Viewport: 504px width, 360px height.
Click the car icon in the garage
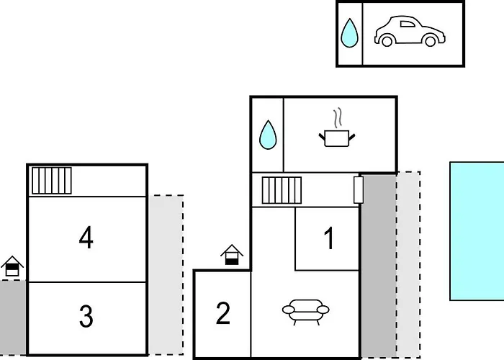click(x=407, y=32)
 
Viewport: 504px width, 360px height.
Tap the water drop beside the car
click(x=349, y=32)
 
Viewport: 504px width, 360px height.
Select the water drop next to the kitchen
click(x=268, y=134)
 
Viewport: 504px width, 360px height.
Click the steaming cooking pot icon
click(x=337, y=137)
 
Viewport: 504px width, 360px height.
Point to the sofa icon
click(x=305, y=311)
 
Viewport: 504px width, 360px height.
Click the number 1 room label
click(x=329, y=239)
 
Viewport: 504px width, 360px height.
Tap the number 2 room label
click(x=223, y=314)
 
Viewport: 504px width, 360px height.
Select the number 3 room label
click(x=86, y=317)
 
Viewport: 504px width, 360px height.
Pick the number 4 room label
click(x=86, y=238)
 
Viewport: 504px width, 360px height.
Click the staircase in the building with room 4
click(x=52, y=180)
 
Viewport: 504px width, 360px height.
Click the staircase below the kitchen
click(x=281, y=191)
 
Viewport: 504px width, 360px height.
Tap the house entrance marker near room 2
click(x=231, y=255)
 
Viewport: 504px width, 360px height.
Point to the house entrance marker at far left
click(x=12, y=266)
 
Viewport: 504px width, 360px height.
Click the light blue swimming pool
click(x=477, y=230)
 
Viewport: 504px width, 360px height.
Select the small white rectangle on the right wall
click(x=359, y=190)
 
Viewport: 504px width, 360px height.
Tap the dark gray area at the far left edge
click(x=12, y=317)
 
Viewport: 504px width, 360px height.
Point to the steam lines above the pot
click(x=336, y=117)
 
